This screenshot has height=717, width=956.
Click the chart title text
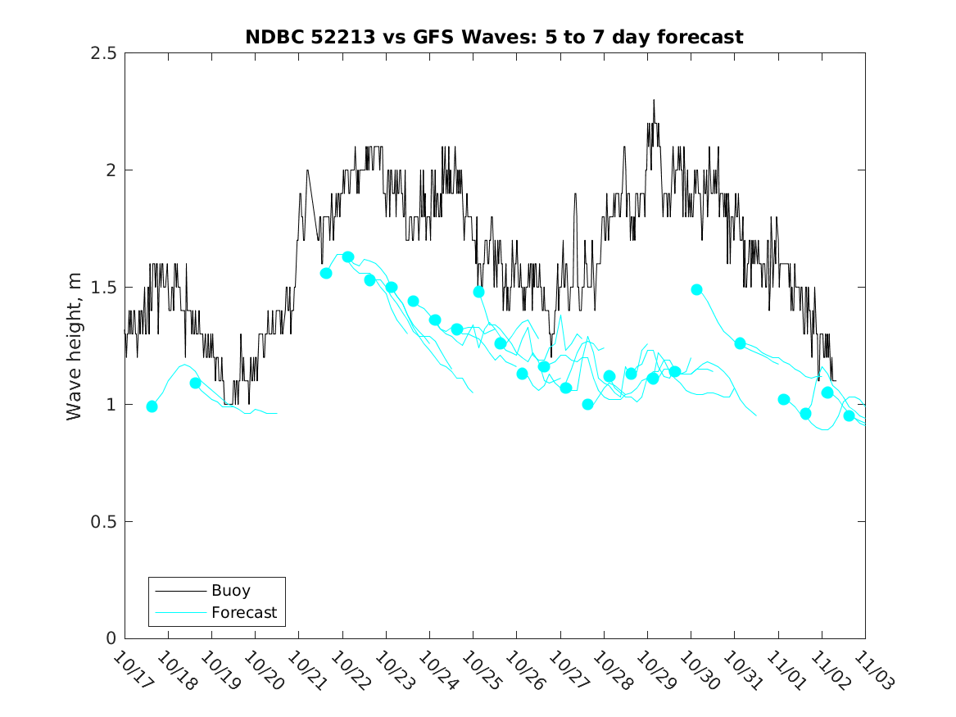(494, 37)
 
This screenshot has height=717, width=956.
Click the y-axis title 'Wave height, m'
(75, 347)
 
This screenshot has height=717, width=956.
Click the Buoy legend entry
(230, 590)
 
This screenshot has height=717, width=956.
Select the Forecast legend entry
(243, 612)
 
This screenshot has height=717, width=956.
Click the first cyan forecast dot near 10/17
(152, 406)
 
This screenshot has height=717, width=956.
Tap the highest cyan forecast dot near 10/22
(348, 256)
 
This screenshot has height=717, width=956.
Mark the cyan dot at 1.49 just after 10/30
(696, 289)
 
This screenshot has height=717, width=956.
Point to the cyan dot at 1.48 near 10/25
(478, 292)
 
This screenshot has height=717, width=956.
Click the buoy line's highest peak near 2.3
(654, 100)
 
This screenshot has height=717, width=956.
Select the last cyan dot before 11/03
(849, 415)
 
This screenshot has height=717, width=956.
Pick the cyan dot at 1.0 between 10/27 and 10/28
(587, 404)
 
